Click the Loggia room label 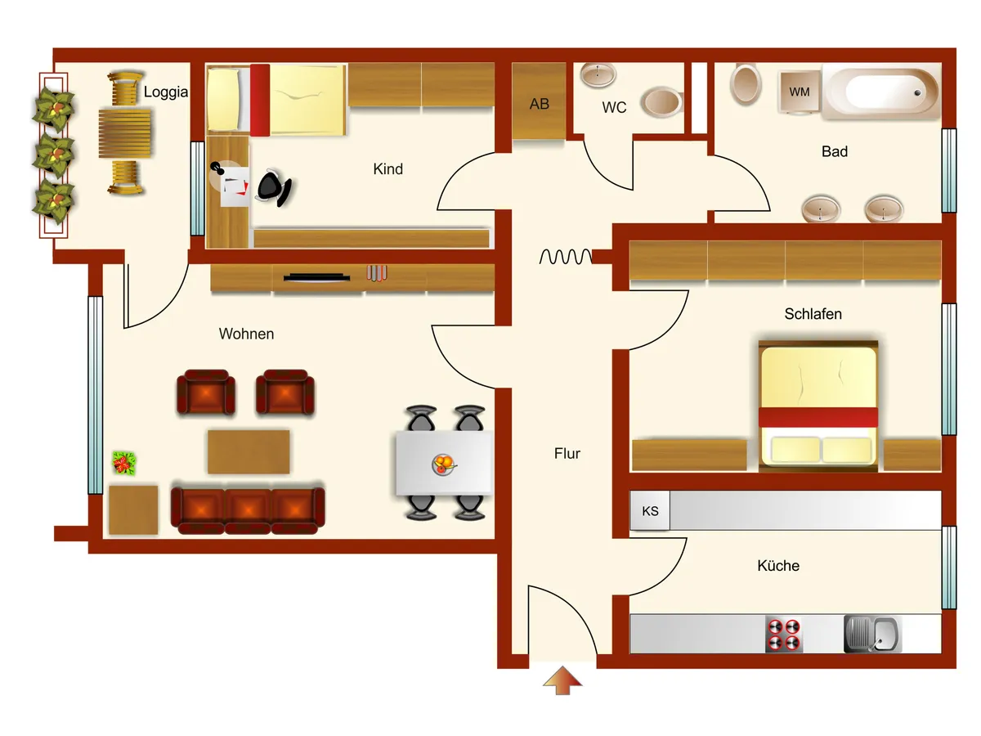(x=165, y=92)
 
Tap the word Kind (x=388, y=169)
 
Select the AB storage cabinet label (x=539, y=104)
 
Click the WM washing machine (x=799, y=92)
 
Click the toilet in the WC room (x=662, y=102)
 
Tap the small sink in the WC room (x=598, y=74)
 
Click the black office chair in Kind (x=274, y=188)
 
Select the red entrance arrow (x=562, y=680)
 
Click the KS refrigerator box (x=650, y=511)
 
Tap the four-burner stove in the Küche (x=783, y=634)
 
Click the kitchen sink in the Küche (x=871, y=634)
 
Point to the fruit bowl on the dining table (x=443, y=464)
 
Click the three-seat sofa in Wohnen (x=248, y=509)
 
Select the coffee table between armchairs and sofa (x=249, y=451)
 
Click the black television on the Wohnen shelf (x=316, y=277)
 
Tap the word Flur (x=567, y=454)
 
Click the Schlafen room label (x=813, y=314)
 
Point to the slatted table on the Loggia (x=125, y=133)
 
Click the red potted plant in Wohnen (x=123, y=463)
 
